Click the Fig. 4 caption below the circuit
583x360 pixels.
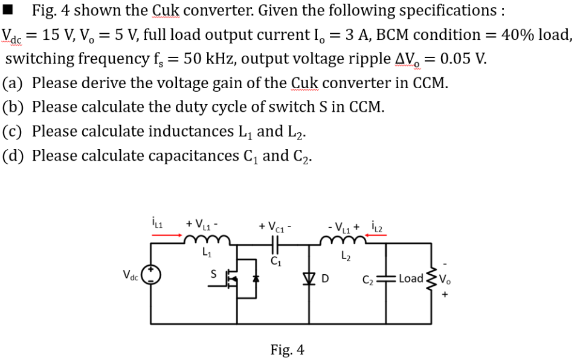(x=288, y=350)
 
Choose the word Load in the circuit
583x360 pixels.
(x=411, y=278)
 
